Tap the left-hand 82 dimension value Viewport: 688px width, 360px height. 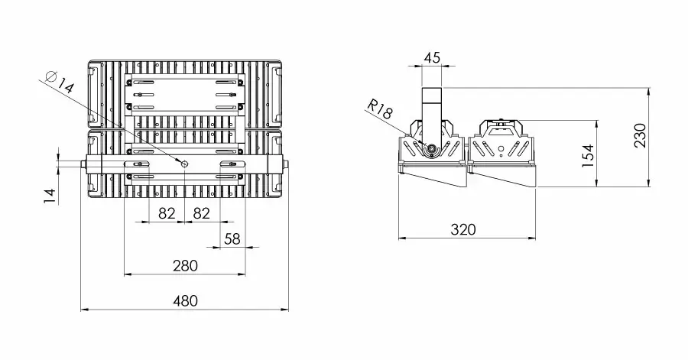point(167,213)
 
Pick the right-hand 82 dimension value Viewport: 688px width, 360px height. point(201,213)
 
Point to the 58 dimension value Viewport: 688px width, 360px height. point(232,239)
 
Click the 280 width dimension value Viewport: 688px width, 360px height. point(184,265)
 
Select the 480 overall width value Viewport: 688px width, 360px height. point(184,301)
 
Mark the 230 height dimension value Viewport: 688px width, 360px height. point(641,135)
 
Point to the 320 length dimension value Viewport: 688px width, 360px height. point(463,229)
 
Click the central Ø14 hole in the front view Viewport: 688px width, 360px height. point(184,164)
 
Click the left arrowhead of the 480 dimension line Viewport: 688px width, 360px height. point(84,310)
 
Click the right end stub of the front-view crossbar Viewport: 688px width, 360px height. point(286,164)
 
